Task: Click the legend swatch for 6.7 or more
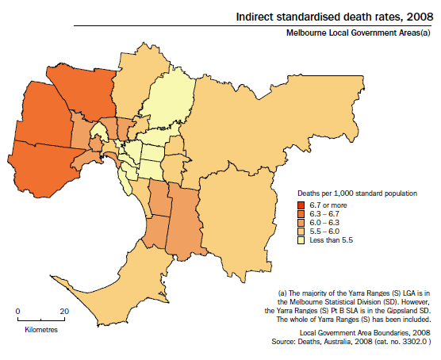[x=302, y=205]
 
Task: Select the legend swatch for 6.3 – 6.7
[x=302, y=214]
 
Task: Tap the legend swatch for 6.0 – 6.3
[x=302, y=223]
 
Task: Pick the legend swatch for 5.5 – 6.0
[x=302, y=232]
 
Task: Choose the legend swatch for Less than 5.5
[x=302, y=240]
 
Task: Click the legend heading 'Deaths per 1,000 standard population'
[x=357, y=193]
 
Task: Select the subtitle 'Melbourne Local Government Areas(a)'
[x=360, y=33]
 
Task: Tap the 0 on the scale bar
[x=17, y=311]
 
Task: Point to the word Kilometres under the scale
[x=40, y=328]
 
